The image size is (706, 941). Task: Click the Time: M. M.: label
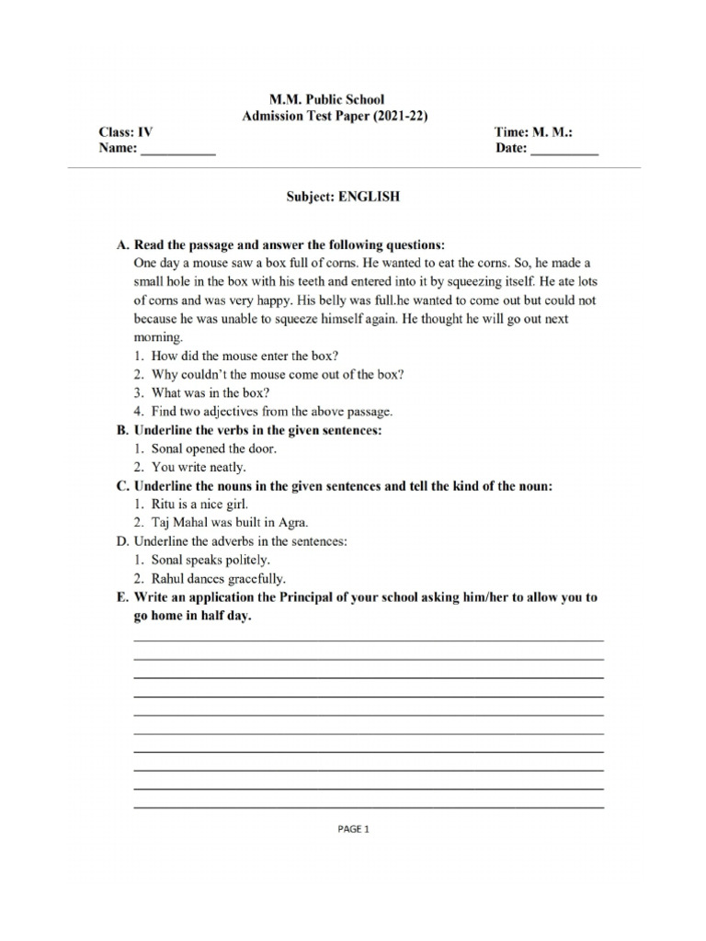533,132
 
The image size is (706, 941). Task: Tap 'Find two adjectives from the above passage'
262,411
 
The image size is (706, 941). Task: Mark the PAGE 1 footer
353,828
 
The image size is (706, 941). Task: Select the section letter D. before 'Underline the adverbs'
121,541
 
